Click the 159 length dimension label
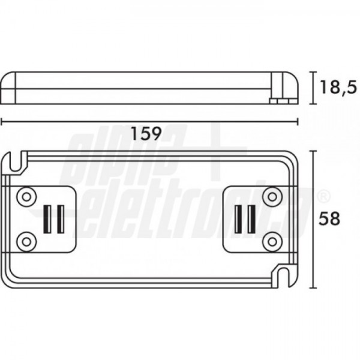(x=146, y=134)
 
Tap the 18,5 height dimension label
(x=338, y=87)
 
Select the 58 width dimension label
(x=329, y=219)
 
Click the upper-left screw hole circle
(x=26, y=197)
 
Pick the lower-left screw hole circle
(x=26, y=242)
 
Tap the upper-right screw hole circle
(x=272, y=197)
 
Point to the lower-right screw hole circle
(x=272, y=242)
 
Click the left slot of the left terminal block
(x=47, y=219)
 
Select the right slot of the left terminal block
(x=61, y=219)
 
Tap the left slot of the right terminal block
(x=239, y=219)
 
